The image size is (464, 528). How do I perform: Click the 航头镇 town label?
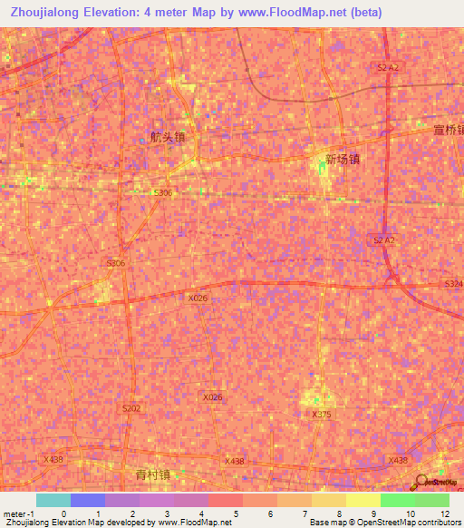pos(169,139)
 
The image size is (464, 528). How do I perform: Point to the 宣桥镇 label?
pos(448,130)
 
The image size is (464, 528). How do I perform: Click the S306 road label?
pos(163,193)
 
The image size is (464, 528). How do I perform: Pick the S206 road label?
pos(116,263)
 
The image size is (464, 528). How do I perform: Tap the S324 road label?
pos(453,285)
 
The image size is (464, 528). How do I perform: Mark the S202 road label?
pos(131,409)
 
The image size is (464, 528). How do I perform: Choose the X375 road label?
pos(322,414)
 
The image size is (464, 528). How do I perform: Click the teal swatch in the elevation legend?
pos(53,500)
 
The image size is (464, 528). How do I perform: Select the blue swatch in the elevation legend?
pos(88,500)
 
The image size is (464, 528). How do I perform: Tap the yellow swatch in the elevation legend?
pos(362,500)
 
